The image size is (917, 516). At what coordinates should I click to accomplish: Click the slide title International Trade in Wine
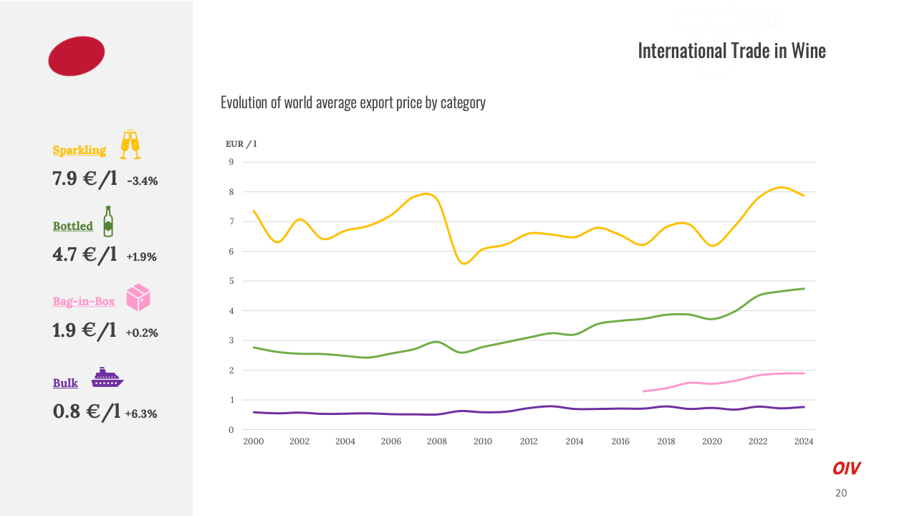[x=731, y=51]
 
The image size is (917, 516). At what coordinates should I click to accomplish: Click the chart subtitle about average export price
[x=352, y=102]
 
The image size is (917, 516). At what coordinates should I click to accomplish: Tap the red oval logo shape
[x=77, y=56]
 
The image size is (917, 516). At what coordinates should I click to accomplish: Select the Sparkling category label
[x=80, y=150]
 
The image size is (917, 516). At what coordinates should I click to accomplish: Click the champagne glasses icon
[x=130, y=144]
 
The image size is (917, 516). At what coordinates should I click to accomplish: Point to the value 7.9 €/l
[x=85, y=179]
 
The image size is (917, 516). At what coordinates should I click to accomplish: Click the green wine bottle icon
[x=108, y=221]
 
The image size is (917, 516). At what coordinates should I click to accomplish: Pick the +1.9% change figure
[x=141, y=257]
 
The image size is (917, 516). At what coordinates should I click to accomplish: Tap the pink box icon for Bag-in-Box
[x=138, y=297]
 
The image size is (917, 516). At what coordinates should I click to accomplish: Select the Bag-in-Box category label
[x=84, y=302]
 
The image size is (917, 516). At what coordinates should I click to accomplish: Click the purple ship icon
[x=107, y=378]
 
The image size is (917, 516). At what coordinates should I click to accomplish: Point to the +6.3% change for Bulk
[x=141, y=414]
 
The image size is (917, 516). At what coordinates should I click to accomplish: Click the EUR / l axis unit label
[x=241, y=144]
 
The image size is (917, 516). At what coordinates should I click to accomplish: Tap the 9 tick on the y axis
[x=231, y=162]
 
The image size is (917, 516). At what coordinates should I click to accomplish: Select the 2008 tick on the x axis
[x=437, y=441]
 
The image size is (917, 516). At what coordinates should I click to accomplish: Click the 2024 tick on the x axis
[x=804, y=441]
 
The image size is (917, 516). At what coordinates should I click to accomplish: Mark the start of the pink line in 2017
[x=644, y=391]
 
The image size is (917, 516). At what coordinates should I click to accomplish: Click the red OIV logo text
[x=846, y=469]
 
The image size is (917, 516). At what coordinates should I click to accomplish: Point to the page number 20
[x=841, y=493]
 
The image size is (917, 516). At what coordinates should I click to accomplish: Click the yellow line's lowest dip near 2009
[x=464, y=263]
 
